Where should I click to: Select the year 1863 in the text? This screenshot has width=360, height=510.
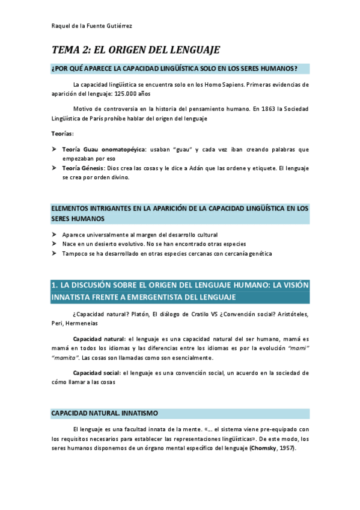click(x=271, y=109)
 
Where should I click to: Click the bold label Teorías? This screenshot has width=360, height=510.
click(x=63, y=133)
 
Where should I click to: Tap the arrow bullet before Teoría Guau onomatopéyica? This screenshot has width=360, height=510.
click(x=54, y=149)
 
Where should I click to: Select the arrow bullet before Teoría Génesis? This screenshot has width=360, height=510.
click(x=54, y=168)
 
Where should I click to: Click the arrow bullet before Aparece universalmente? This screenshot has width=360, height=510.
click(x=54, y=235)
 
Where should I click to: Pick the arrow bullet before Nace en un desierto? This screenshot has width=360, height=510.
click(x=54, y=244)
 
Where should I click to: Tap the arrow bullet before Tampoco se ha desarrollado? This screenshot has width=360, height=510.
click(x=54, y=254)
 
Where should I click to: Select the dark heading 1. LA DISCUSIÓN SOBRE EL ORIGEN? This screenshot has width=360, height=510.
click(x=180, y=291)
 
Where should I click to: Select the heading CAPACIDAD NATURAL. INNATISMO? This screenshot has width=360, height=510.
click(x=104, y=414)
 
